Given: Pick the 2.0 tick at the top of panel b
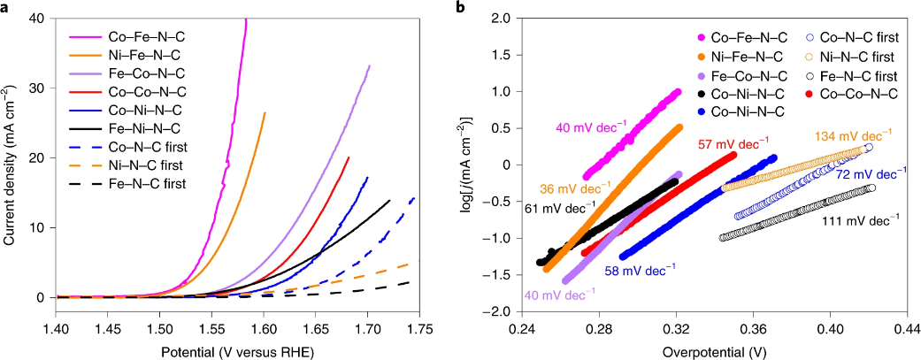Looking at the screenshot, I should [x=503, y=18].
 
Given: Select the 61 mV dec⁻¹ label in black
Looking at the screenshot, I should [x=560, y=209].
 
